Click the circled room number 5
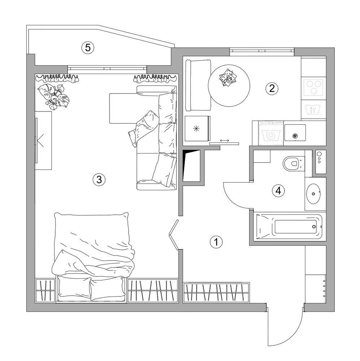88,48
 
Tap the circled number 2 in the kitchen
272,88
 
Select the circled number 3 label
99,179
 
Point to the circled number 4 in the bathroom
278,191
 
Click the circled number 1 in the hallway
216,242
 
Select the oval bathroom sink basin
313,193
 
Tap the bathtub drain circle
314,227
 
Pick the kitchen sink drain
294,136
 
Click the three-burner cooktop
313,87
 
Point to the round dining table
229,86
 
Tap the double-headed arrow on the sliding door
224,140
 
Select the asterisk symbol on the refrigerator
196,129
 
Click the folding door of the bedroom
173,235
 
